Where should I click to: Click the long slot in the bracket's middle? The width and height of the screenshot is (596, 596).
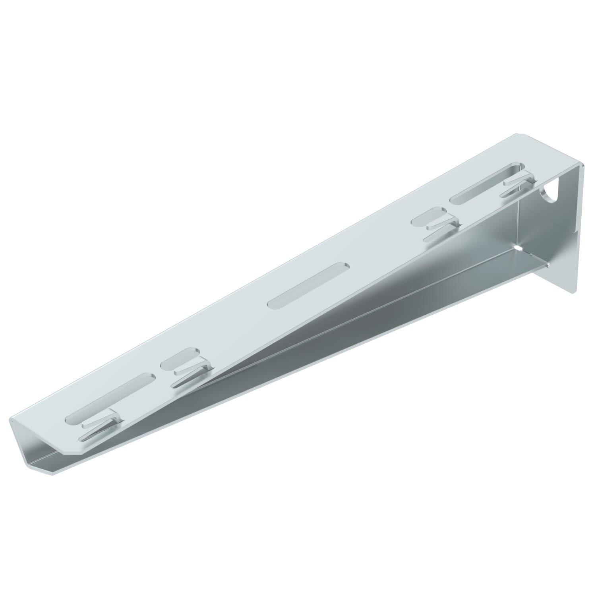tap(308, 284)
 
